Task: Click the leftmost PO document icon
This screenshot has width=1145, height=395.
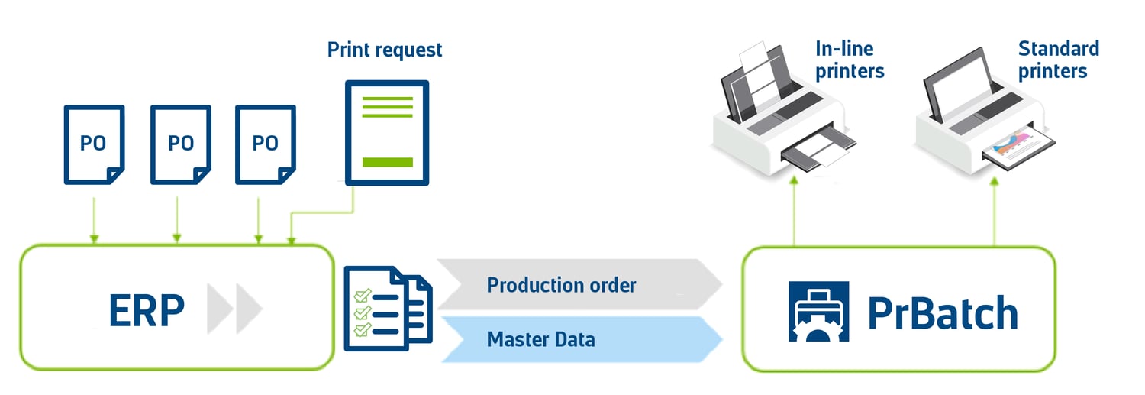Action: click(94, 145)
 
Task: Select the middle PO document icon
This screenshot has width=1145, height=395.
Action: click(180, 145)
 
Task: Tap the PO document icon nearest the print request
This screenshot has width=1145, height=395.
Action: click(265, 145)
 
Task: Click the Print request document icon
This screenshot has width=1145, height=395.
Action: click(387, 133)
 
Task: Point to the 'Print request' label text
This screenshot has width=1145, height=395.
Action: click(385, 50)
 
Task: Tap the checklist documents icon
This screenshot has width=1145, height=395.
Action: click(389, 308)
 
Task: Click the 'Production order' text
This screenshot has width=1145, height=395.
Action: click(561, 286)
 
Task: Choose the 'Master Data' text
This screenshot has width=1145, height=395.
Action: click(540, 338)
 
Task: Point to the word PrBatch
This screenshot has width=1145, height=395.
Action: click(942, 312)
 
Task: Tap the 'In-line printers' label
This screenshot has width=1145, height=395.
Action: click(850, 60)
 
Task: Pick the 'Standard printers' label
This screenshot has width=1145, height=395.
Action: click(1058, 60)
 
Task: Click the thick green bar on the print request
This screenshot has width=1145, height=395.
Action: click(387, 162)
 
